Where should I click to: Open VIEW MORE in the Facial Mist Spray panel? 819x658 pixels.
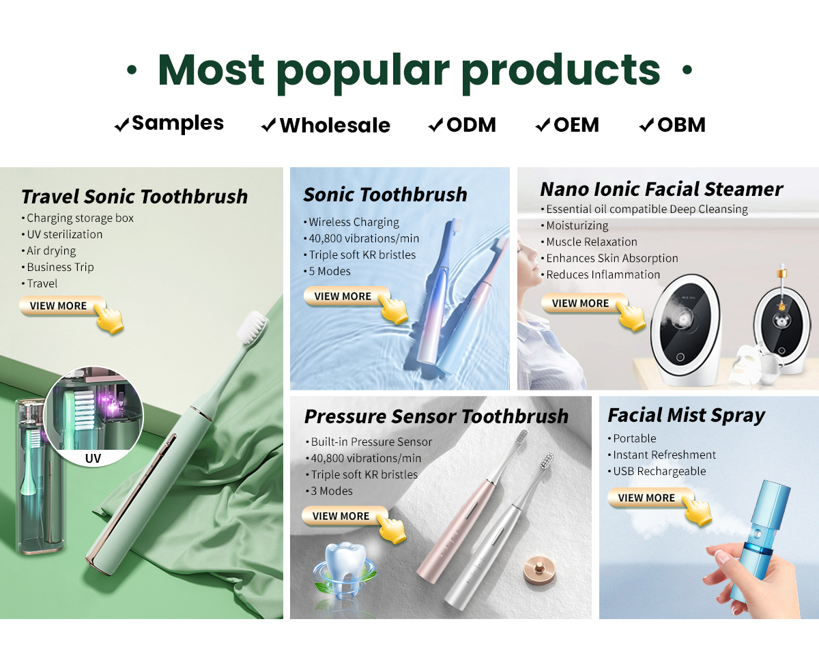[x=650, y=498]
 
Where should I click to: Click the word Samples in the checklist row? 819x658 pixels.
[x=177, y=124]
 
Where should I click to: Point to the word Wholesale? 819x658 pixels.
[x=335, y=125]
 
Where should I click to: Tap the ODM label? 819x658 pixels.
[x=471, y=125]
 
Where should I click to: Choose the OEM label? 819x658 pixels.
[x=576, y=125]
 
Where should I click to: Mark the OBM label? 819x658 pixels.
[x=681, y=125]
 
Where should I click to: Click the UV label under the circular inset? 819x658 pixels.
[x=93, y=458]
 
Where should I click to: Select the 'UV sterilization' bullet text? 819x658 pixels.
[x=64, y=234]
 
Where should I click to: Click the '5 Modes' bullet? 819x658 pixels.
[x=330, y=272]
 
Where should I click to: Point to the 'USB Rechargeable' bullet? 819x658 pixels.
[x=659, y=471]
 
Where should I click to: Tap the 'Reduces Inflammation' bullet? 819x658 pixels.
[x=603, y=274]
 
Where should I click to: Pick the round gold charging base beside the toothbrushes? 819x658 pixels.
[x=539, y=570]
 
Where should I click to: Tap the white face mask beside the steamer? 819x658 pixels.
[x=745, y=363]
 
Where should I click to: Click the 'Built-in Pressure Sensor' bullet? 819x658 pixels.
[x=371, y=442]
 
